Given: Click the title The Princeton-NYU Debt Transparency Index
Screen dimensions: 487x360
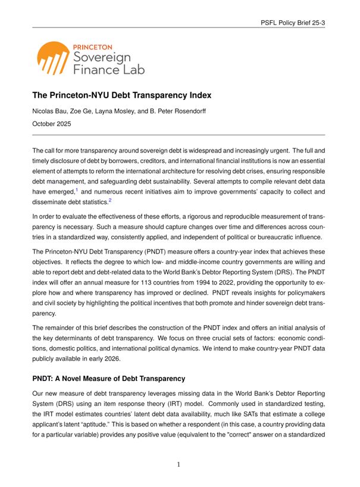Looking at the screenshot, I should point(122,95).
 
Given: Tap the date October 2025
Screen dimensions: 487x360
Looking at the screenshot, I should point(52,124).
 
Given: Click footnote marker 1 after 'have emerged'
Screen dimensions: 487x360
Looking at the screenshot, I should point(76,189).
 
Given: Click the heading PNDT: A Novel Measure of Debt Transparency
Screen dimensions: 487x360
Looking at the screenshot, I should point(109,379).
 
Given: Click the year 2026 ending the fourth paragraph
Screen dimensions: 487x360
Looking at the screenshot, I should point(111,359).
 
